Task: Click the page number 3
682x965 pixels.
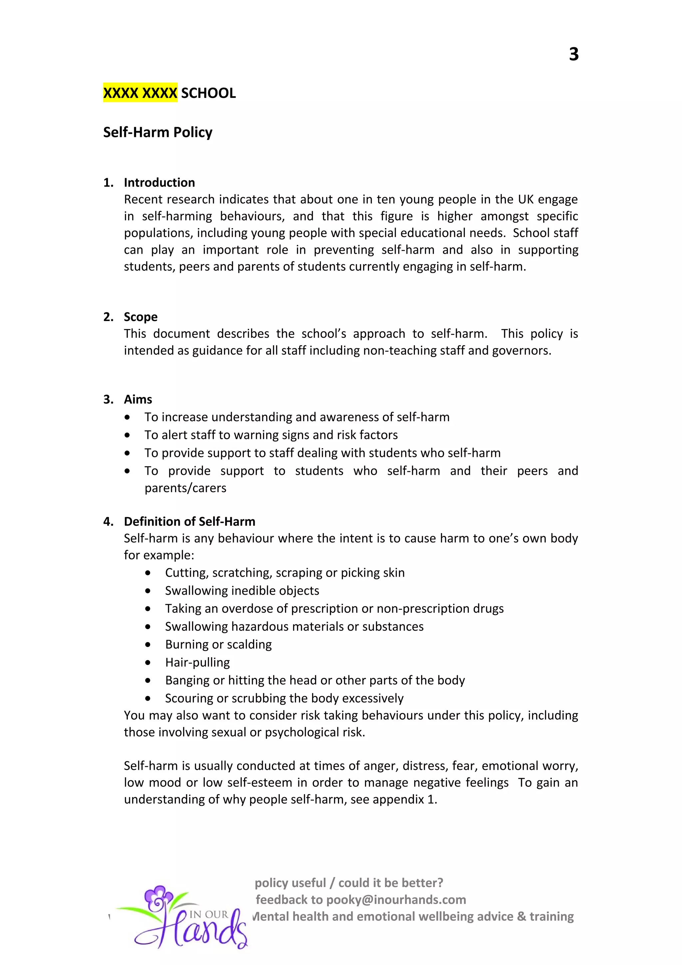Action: [573, 54]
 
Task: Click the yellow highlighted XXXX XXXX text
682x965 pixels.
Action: [140, 93]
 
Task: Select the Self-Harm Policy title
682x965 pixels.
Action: [158, 133]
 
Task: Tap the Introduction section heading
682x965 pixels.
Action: [159, 182]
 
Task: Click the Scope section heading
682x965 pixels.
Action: [140, 317]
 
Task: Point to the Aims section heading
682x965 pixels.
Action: [138, 399]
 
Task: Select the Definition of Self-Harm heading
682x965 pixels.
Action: [189, 521]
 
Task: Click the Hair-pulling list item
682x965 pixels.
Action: [197, 662]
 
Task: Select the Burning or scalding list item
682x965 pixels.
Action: [218, 644]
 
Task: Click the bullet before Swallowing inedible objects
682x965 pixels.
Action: [148, 591]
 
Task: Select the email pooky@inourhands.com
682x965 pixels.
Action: [396, 899]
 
